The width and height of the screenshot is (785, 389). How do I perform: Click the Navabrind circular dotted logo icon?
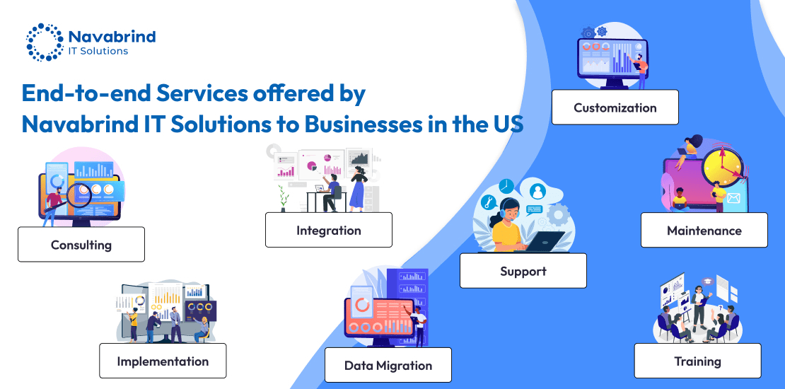(45, 42)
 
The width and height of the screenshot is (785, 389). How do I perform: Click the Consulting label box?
(81, 245)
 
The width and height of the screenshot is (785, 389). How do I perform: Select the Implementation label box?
(163, 361)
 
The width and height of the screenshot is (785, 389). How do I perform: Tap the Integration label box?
(329, 230)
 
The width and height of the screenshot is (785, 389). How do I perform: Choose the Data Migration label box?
(388, 365)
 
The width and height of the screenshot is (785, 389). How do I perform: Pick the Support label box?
(523, 271)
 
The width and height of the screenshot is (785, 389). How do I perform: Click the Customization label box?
(615, 108)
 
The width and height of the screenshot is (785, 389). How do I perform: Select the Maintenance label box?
(704, 231)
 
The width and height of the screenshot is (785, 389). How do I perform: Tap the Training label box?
(697, 361)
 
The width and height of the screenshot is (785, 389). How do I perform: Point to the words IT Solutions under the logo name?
(98, 51)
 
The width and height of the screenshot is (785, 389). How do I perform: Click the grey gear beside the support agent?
(558, 214)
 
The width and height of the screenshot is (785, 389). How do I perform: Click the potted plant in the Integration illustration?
(284, 199)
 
